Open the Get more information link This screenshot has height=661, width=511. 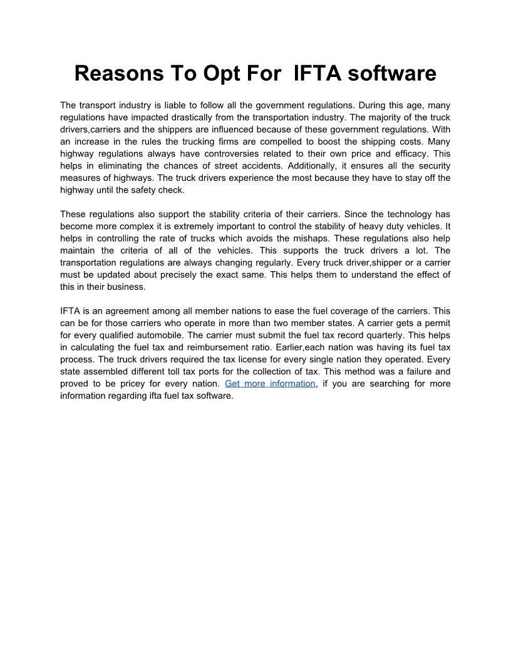pyautogui.click(x=270, y=383)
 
